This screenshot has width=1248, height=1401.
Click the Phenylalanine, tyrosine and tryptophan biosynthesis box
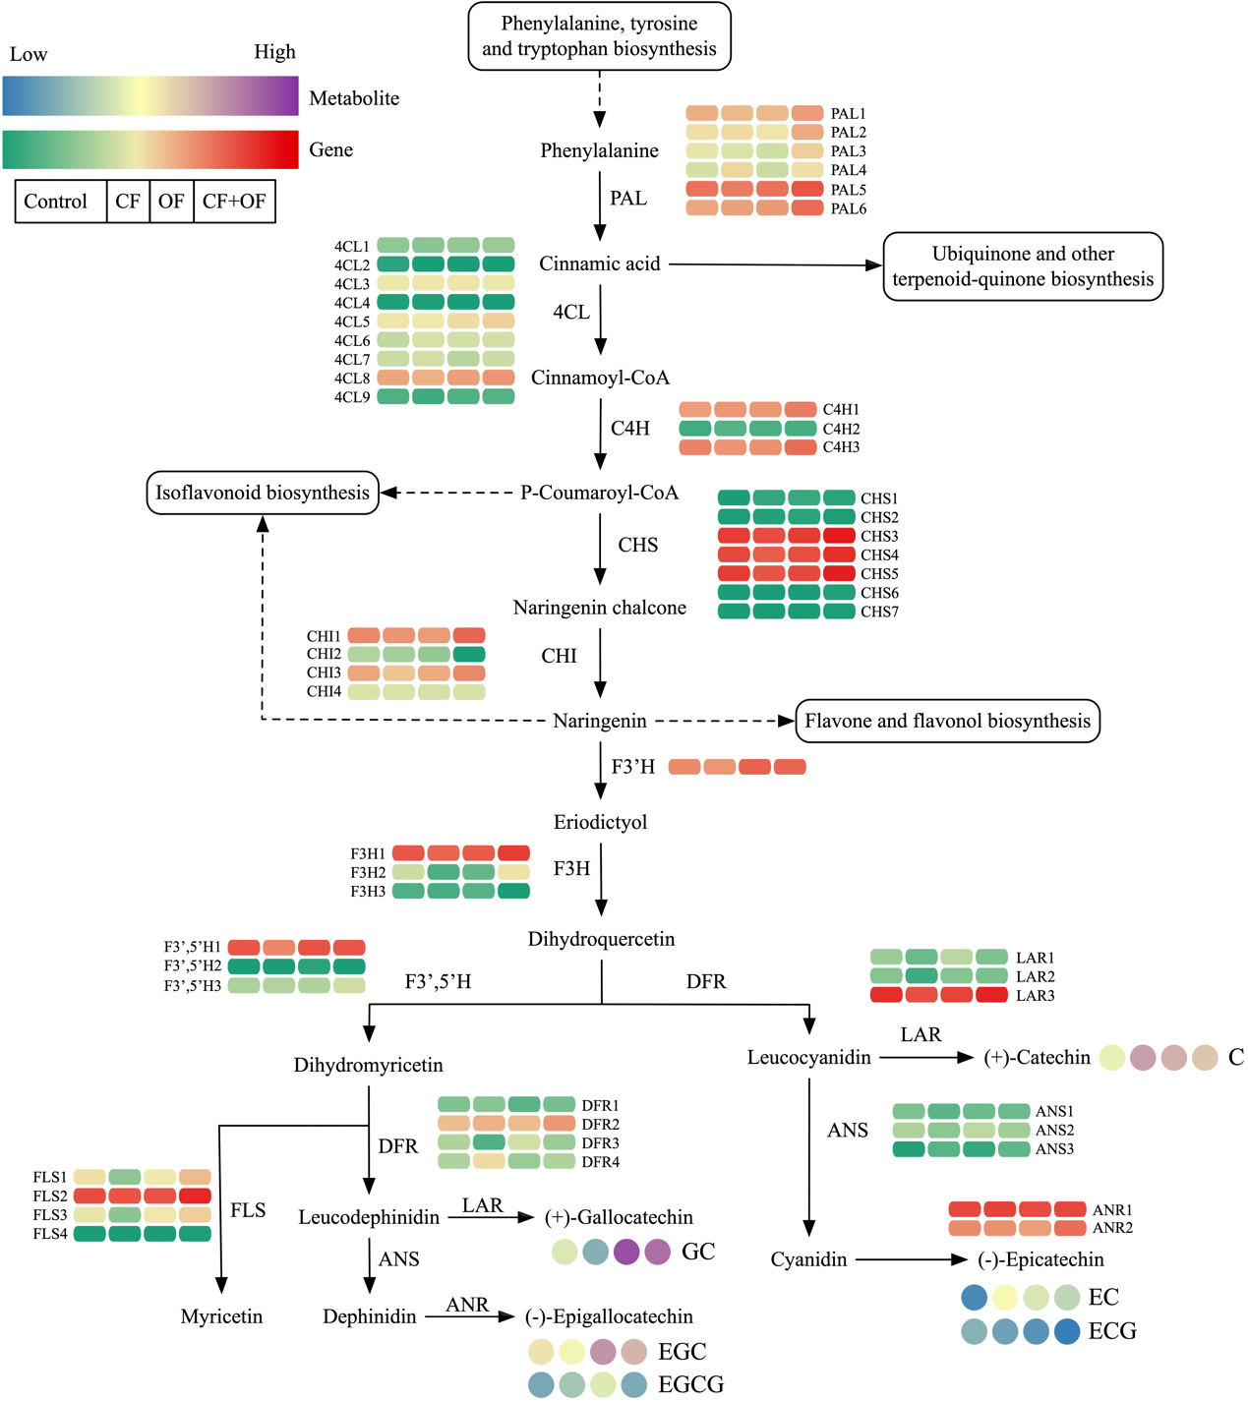tap(599, 36)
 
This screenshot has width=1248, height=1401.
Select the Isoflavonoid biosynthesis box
tap(263, 493)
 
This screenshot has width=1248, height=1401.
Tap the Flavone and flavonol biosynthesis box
tap(947, 721)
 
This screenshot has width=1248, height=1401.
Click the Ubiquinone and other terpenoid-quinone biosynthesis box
tap(1023, 266)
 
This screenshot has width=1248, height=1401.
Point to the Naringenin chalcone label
tap(599, 608)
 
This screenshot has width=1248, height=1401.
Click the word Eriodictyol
tap(600, 822)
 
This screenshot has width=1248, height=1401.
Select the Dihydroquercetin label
tap(601, 939)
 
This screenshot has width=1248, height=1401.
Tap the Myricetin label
tap(221, 1316)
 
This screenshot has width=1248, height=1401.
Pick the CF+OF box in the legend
tap(234, 202)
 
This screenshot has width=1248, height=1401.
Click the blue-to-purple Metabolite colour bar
tap(150, 97)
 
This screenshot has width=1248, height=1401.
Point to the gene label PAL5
tap(848, 190)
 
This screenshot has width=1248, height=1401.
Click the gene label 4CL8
tap(352, 379)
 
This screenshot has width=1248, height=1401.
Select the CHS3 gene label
tap(879, 537)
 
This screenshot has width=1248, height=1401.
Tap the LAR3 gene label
tap(1035, 996)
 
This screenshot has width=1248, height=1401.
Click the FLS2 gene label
tap(50, 1197)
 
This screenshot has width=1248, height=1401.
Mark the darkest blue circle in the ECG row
tap(1067, 1331)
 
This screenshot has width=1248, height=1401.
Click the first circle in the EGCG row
tap(541, 1384)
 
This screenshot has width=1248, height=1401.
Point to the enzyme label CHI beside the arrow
tap(559, 656)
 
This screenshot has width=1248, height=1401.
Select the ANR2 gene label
tap(1112, 1228)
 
